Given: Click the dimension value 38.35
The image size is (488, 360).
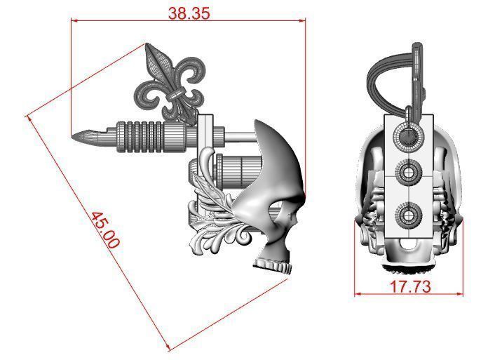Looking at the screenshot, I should tap(189, 12).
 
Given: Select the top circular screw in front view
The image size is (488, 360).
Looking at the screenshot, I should tap(408, 134).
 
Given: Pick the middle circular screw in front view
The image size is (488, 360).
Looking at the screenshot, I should tap(408, 171).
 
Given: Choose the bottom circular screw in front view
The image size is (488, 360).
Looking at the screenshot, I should tap(408, 212).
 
